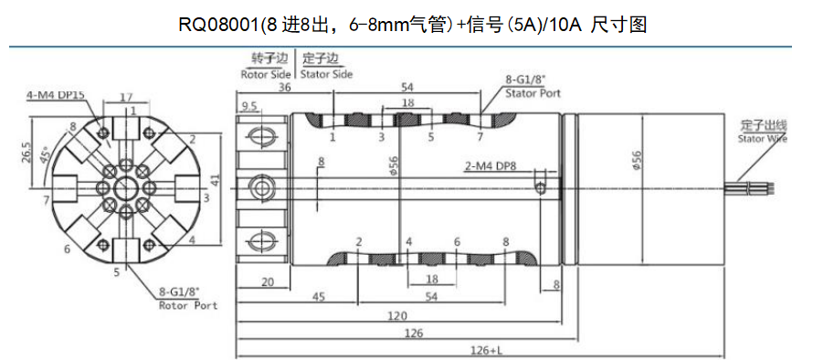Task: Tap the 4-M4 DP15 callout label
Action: point(56,94)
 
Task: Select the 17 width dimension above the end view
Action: point(127,96)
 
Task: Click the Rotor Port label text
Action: point(188,305)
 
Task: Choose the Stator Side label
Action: point(326,74)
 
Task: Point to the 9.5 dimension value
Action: point(248,107)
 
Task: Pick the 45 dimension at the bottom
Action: point(319,297)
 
